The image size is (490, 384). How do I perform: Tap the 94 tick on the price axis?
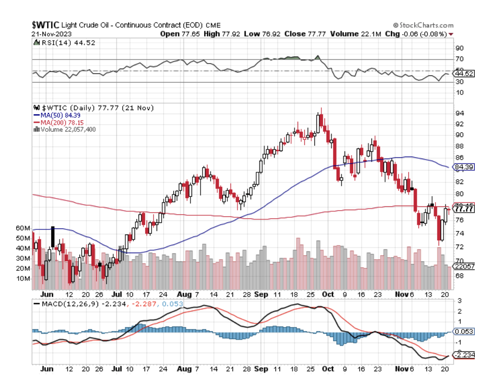459,113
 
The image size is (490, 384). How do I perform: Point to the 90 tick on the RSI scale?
459,48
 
